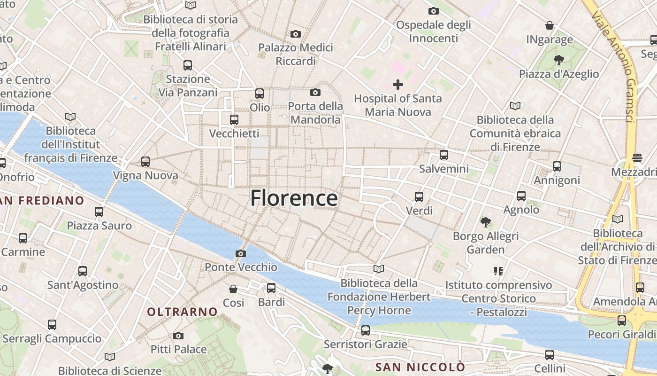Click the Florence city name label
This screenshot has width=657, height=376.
point(294,198)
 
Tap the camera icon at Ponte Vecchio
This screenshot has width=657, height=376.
point(240,254)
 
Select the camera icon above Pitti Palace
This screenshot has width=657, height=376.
point(178,336)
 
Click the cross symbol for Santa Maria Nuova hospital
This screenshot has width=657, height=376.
point(398,85)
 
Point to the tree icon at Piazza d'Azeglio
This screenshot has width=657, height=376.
point(558,60)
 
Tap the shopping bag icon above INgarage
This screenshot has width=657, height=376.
point(550,25)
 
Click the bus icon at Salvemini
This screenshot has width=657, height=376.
point(443,155)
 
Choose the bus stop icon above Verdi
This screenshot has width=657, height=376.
point(419,196)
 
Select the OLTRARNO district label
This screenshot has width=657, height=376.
point(182,312)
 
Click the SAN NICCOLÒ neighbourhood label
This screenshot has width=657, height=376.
point(420,367)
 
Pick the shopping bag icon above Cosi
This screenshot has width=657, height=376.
point(233,289)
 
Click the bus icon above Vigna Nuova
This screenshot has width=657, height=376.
point(145,162)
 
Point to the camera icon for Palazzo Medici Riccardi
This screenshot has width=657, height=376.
point(296,34)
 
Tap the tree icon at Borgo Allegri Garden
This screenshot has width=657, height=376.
point(485,221)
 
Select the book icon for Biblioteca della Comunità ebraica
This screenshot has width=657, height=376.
point(515,106)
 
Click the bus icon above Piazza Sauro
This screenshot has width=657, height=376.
point(99,211)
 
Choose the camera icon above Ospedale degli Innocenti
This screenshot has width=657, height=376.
point(433,11)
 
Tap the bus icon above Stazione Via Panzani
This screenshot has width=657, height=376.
point(188,65)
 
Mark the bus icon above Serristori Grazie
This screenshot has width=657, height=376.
point(366,330)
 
